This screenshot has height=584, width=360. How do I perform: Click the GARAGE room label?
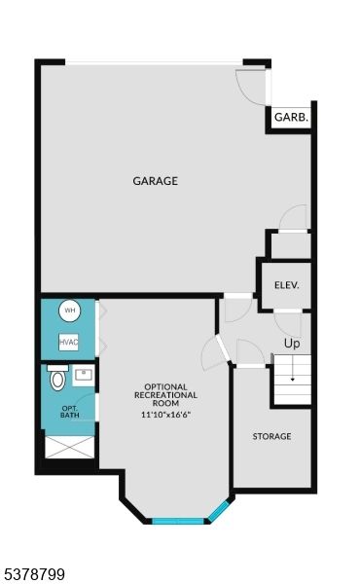coord(156,180)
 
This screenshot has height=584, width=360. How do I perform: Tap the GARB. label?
coord(291,117)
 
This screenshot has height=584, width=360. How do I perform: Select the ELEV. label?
coord(286,285)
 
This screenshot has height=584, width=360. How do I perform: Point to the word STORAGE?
coord(271,436)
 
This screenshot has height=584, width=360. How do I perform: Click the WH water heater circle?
coord(69,311)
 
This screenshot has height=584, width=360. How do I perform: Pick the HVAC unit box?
coord(68,343)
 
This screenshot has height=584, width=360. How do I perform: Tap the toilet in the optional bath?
coord(57,379)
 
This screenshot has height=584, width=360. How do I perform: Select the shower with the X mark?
coord(69,449)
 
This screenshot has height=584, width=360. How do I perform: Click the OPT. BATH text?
coord(70,412)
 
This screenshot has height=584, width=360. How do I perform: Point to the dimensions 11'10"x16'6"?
coord(165,415)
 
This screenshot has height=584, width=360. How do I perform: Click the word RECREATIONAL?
coord(165,395)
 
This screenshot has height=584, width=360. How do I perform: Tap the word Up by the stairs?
coord(291,344)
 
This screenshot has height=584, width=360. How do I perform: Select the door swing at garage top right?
coord(252,87)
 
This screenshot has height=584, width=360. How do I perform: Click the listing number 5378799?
coord(34,575)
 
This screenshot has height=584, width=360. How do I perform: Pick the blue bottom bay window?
coord(179,522)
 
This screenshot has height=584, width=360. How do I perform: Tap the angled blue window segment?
coord(220,511)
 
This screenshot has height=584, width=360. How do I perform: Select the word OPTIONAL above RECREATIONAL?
coord(165,385)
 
